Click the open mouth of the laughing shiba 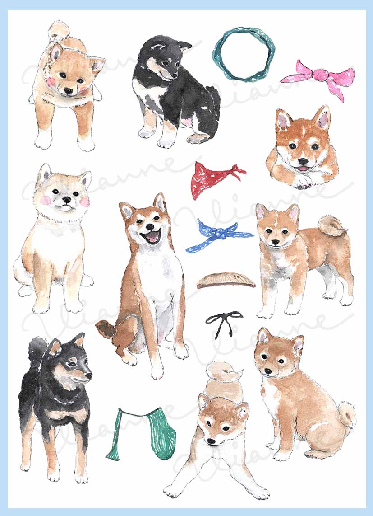(152, 237)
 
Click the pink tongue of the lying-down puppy (303, 169)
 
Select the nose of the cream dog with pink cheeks (66, 200)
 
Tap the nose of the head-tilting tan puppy (68, 91)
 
